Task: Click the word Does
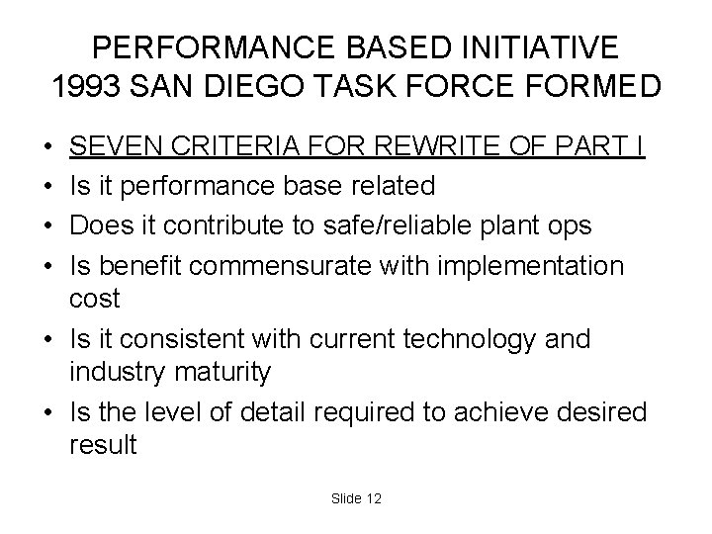tap(103, 226)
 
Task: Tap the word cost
tap(94, 300)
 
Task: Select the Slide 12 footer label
tap(356, 498)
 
